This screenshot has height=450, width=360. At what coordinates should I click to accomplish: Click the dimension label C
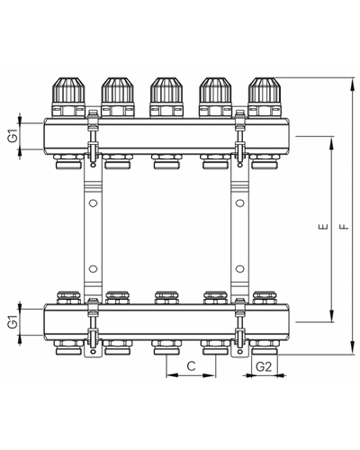tap(191, 366)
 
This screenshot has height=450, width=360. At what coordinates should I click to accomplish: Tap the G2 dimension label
tap(264, 366)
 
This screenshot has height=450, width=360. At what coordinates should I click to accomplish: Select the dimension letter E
tap(323, 227)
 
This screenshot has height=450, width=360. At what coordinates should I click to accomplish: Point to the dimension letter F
tap(346, 226)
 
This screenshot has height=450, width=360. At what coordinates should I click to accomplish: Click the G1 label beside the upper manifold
tap(13, 137)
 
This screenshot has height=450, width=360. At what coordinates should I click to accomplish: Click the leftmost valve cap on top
tap(68, 90)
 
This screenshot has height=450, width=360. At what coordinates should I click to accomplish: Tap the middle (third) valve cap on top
tap(166, 90)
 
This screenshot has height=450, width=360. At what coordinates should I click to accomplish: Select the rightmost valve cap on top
tap(265, 90)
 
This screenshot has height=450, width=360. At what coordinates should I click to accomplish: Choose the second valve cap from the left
tap(118, 90)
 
